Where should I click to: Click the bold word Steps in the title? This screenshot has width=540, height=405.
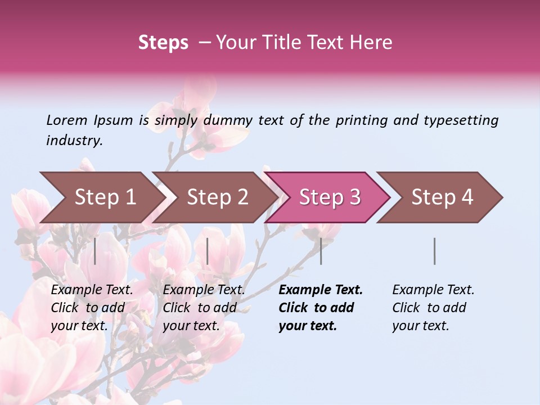coord(163,43)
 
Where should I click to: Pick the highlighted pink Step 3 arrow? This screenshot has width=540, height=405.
coord(329,197)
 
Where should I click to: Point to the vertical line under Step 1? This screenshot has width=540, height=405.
coord(95,251)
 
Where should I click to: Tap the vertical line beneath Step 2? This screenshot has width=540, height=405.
coord(208,251)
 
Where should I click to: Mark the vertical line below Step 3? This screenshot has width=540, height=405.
coord(321,251)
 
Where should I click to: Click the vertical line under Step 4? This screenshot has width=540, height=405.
coord(434,251)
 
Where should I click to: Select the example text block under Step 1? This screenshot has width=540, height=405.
coord(92,308)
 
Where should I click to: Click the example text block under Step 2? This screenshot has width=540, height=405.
coord(204,308)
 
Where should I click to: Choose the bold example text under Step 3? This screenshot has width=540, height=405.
coord(321,308)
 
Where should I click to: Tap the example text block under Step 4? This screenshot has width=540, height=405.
coord(433,308)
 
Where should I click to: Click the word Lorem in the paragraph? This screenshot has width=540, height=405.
coord(67,120)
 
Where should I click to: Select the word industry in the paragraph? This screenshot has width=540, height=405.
coord(74,141)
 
